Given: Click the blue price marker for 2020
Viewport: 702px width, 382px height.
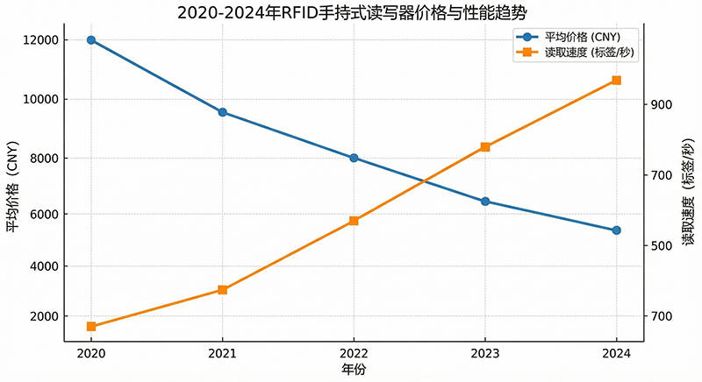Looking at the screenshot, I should (91, 40).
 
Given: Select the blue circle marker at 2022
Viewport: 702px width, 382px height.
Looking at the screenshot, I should (354, 158).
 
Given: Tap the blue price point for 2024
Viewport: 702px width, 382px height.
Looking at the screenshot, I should (616, 230).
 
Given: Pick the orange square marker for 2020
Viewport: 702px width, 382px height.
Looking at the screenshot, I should (91, 327).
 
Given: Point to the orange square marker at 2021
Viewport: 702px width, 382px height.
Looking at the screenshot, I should (222, 289).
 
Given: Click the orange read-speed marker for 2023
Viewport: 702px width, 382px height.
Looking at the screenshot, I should (485, 147).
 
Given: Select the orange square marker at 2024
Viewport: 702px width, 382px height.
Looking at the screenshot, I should (616, 81).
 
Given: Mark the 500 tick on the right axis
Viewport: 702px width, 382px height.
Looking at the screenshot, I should (661, 245).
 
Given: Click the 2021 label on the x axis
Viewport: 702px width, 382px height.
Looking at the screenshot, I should (222, 354).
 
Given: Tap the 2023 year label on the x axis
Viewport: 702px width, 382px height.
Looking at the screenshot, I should (485, 354).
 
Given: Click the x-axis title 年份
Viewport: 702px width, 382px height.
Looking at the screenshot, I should (354, 370).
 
